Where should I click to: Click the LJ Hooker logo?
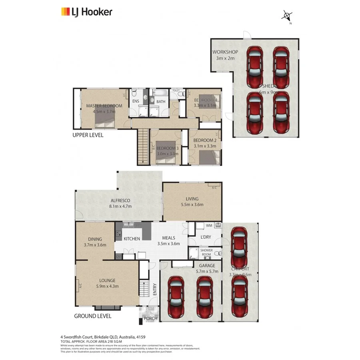click(x=86, y=12)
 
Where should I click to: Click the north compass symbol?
click(x=287, y=16)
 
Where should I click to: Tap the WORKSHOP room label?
click(x=225, y=52)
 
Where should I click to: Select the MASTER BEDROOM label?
click(x=104, y=106)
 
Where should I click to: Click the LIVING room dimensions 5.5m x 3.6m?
click(x=192, y=205)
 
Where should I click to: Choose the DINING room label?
click(x=95, y=239)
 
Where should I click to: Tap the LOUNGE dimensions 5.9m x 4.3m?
click(x=107, y=286)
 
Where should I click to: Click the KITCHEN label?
click(x=132, y=239)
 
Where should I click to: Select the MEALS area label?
click(x=168, y=238)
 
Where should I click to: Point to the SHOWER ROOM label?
click(x=206, y=252)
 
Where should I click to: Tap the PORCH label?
click(x=150, y=318)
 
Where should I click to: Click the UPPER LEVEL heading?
click(x=88, y=135)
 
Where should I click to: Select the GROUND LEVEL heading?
click(x=92, y=316)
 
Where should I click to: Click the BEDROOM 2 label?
click(x=205, y=140)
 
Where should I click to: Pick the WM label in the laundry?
click(x=208, y=226)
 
